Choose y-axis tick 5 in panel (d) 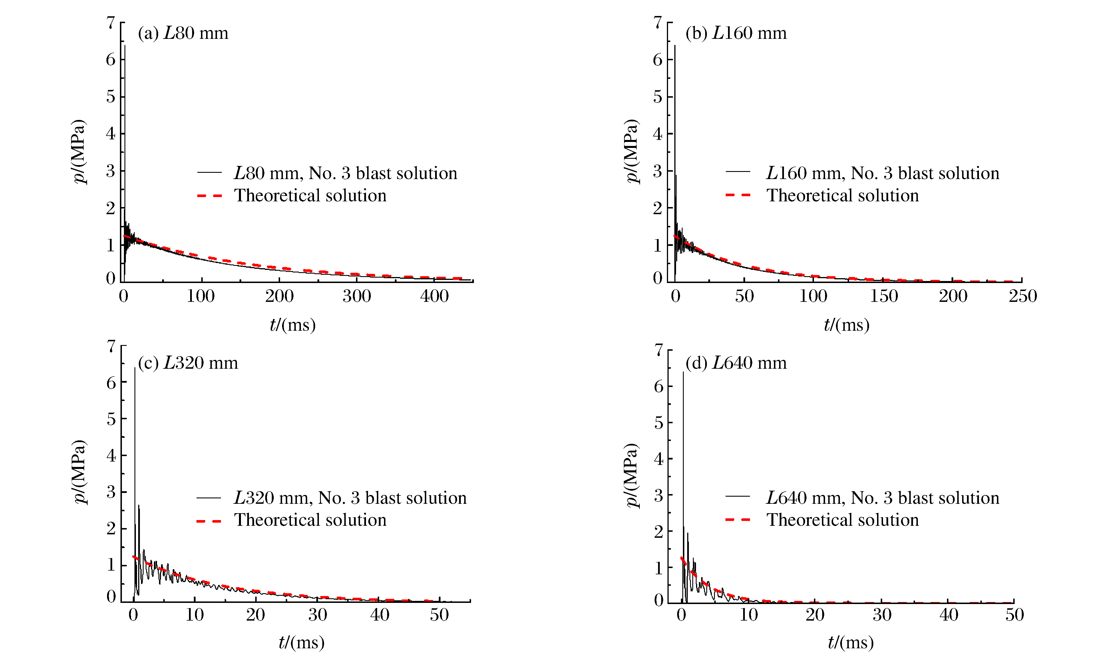click(658, 422)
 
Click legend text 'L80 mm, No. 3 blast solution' click(345, 173)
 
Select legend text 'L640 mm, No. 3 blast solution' click(882, 498)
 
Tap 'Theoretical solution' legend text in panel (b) click(842, 196)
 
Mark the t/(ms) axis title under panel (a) click(293, 325)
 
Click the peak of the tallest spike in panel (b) click(675, 46)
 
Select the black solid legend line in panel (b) click(738, 172)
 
